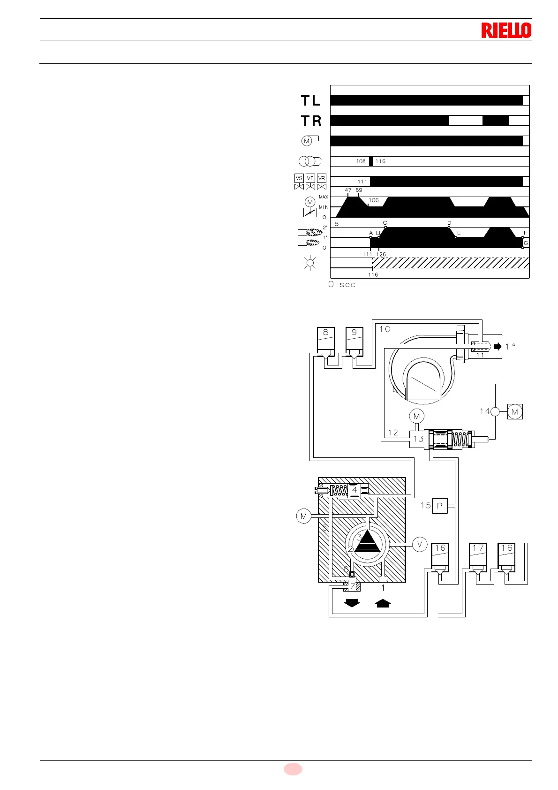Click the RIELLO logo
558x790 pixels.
click(x=506, y=30)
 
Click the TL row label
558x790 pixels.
click(x=310, y=100)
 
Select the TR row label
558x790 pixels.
click(x=311, y=121)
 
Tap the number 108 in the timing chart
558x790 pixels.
click(x=361, y=161)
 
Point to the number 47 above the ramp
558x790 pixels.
click(x=348, y=190)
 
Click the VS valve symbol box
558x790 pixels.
click(x=299, y=178)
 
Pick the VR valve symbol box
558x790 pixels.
click(x=322, y=178)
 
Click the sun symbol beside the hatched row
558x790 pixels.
click(x=310, y=263)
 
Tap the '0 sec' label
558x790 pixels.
click(x=342, y=284)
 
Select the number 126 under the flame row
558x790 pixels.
click(x=381, y=254)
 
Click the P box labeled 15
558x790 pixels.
click(x=440, y=506)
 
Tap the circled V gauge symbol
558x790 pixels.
click(x=420, y=544)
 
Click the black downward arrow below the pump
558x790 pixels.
click(x=352, y=603)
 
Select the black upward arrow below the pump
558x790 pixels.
click(x=383, y=603)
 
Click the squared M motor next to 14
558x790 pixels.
click(x=515, y=411)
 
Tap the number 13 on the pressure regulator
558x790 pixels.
click(x=418, y=439)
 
